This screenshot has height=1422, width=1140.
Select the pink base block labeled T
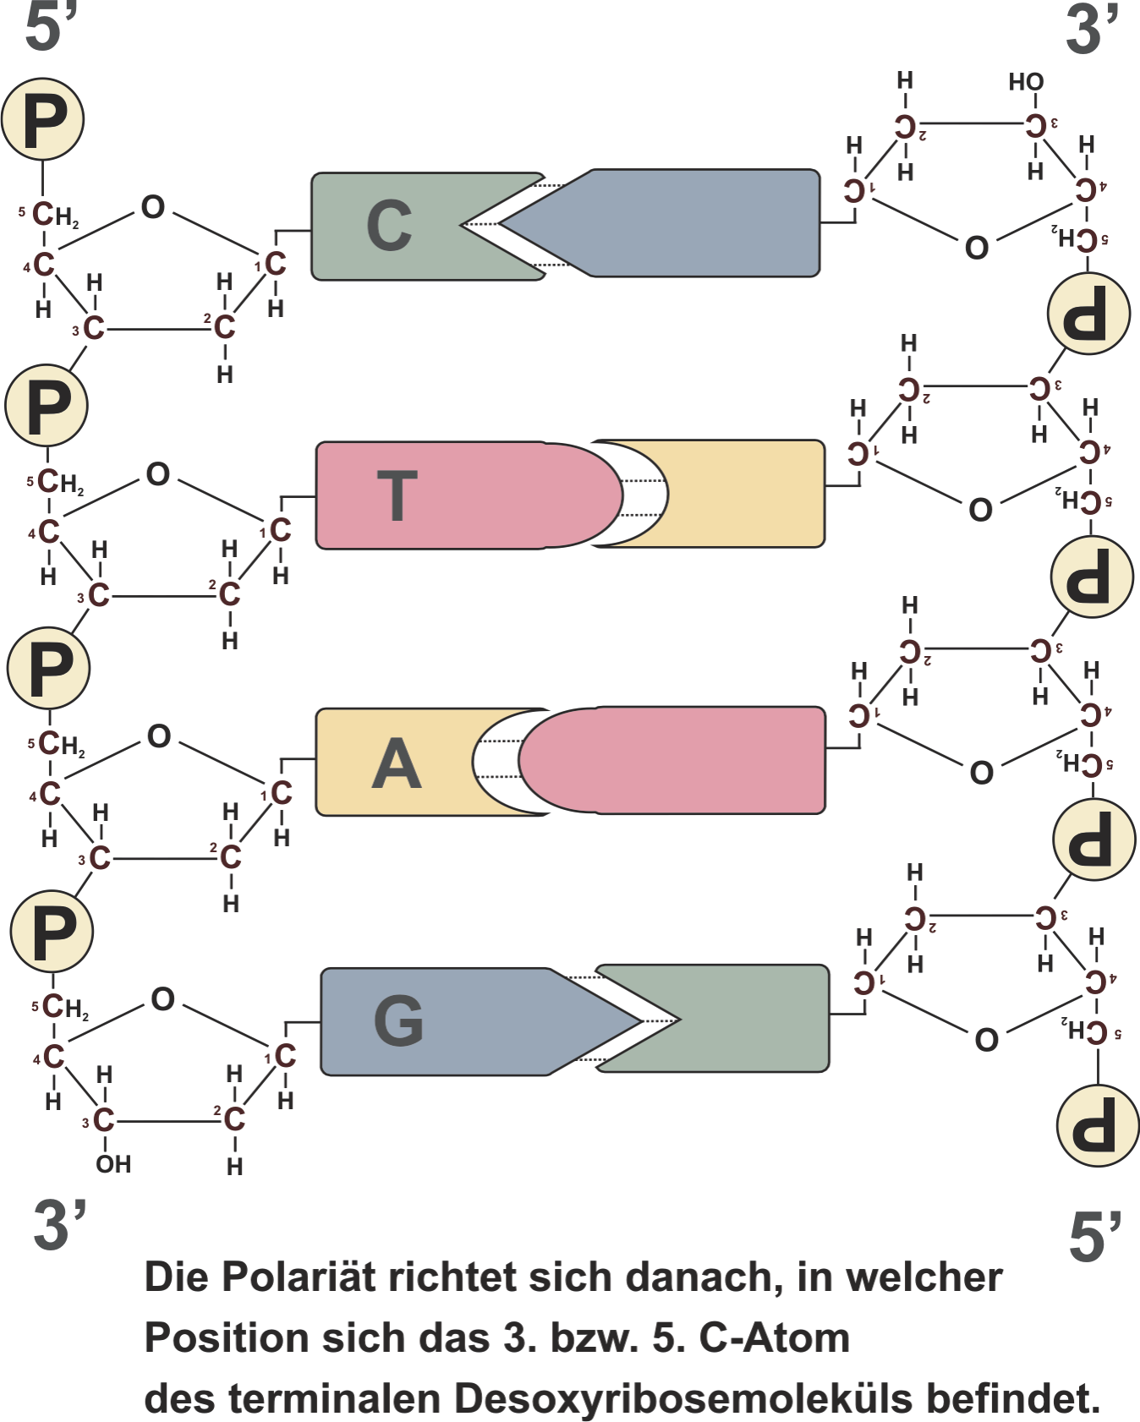click(448, 495)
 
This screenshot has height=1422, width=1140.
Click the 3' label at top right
click(1091, 30)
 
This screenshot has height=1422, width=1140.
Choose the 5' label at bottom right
click(1094, 1236)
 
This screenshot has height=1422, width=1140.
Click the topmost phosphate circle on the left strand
click(42, 119)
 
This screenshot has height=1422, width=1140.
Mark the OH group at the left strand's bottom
click(113, 1164)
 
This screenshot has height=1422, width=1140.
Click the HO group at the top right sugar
click(1026, 82)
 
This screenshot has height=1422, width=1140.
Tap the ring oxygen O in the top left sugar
click(153, 207)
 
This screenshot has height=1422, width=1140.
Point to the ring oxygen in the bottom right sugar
click(986, 1040)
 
